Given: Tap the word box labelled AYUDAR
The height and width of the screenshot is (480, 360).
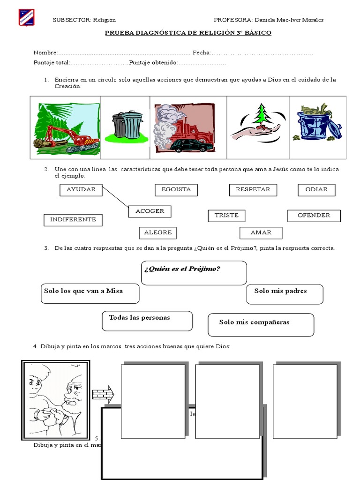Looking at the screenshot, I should tap(81, 190).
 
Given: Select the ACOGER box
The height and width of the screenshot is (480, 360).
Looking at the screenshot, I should tap(150, 211).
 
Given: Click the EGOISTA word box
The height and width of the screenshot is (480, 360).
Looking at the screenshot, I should tap(176, 190).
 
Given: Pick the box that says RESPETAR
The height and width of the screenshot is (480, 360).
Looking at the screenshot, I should tap(253, 190).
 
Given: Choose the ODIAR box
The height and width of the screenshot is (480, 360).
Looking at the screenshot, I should tap(316, 190).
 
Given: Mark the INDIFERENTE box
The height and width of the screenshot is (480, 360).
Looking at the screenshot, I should tap(73, 219).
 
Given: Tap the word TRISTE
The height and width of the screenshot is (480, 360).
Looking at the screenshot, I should tap(226, 216).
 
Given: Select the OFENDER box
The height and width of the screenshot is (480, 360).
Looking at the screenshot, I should tap(314, 216).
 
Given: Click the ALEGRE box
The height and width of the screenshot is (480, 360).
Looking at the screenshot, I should tap(158, 232).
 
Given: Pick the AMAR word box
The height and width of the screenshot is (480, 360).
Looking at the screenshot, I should tap(261, 232).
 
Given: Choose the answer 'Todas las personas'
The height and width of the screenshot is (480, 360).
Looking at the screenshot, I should tap(147, 321).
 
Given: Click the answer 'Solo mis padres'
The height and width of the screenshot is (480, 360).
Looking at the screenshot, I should tap(285, 294).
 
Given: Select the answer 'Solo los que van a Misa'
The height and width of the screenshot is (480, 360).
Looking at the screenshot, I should tap(89, 293).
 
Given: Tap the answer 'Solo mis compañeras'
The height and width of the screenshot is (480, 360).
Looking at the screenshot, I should tap(261, 325).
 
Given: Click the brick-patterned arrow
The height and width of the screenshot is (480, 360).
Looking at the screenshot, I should tap(103, 394).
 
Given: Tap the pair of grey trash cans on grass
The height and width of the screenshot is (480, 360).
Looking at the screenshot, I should tap(127, 125).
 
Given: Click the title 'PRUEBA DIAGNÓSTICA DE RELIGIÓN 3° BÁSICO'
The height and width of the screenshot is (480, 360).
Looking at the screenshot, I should tap(187, 33).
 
